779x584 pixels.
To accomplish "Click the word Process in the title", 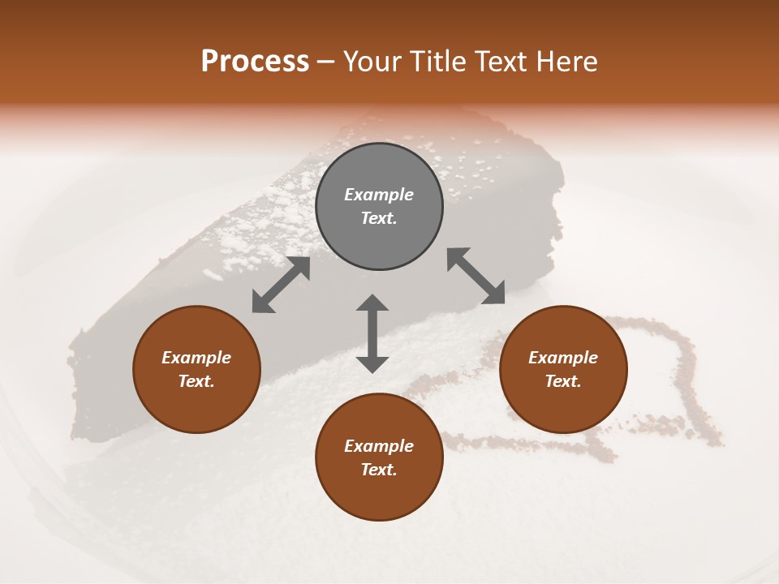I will [255, 62].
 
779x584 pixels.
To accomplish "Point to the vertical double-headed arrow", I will [372, 334].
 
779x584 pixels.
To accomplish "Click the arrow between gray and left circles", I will [281, 285].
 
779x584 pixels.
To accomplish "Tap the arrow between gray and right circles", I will [476, 276].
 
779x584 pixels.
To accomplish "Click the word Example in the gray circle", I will [379, 195].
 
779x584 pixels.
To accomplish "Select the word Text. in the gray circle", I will [379, 218].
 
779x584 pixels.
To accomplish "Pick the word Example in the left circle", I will [196, 358].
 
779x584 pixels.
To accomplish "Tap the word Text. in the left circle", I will [196, 381].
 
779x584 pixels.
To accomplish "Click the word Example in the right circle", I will [563, 358].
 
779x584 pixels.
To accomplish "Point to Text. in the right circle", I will [563, 381].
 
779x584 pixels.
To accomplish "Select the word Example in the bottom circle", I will [379, 446].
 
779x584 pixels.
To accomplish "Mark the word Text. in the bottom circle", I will [379, 470].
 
